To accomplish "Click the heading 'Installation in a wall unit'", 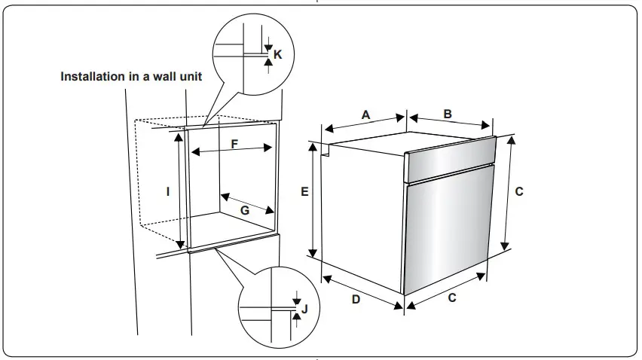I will coord(131,77).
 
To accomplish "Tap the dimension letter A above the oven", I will coord(366,114).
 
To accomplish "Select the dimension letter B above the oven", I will coord(447,114).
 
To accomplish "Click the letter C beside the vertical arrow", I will coord(518,192).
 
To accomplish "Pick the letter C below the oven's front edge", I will coord(452,297).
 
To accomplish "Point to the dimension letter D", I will coord(356,299).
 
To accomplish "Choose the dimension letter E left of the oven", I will coord(304,192).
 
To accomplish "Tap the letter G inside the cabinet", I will coord(245,210).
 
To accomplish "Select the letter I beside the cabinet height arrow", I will coord(168,191).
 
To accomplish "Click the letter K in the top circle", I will coord(277,54).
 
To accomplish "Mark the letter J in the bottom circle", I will coord(304,308).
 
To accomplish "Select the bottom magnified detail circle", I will coord(277,307).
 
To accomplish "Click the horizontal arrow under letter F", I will coord(231,151).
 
